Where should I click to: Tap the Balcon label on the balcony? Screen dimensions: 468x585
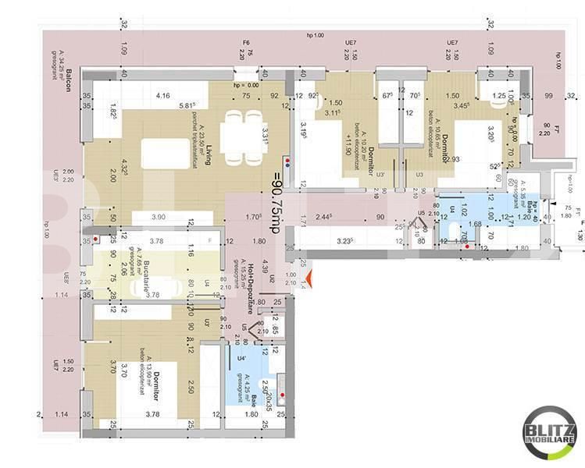(70, 80)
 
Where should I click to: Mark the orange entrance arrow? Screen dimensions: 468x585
(310, 277)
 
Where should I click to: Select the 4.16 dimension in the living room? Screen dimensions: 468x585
(162, 96)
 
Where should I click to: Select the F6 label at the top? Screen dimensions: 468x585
(245, 42)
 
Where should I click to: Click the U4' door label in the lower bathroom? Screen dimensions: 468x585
(241, 359)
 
